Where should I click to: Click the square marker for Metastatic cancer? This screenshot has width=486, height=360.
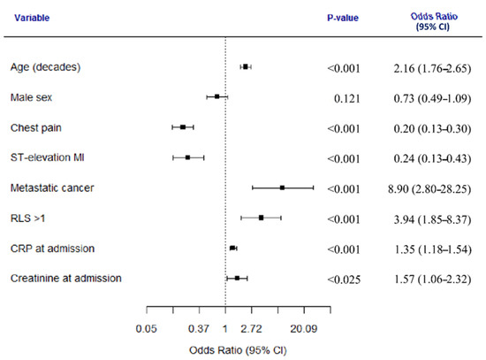(282, 188)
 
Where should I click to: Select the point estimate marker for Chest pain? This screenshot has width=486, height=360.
(183, 127)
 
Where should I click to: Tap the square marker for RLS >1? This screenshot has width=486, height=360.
(261, 218)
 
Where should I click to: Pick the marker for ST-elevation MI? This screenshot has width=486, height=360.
(187, 157)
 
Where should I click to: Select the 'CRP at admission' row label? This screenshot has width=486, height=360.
(52, 248)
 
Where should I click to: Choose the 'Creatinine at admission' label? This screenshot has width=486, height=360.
(66, 279)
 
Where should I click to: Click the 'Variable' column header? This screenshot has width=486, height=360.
(30, 17)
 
